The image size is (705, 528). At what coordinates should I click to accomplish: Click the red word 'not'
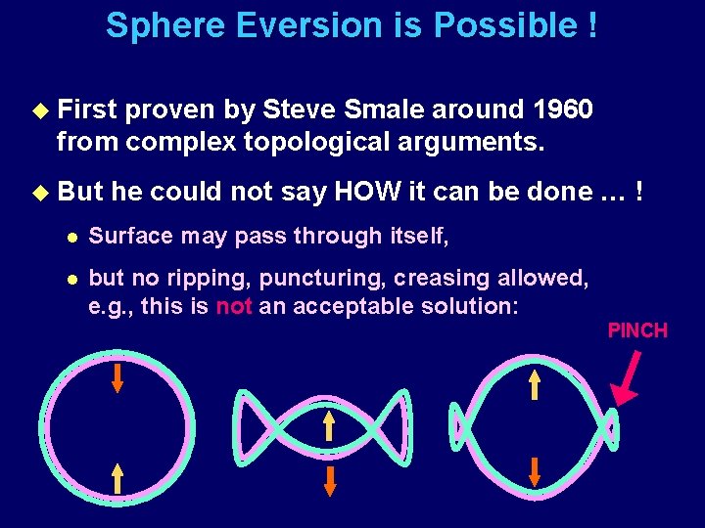coord(234,305)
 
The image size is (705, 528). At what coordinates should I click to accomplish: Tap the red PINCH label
coord(637,330)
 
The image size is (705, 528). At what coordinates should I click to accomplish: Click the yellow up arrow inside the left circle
coord(117,477)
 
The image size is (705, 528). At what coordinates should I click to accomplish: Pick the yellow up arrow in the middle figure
coord(330,425)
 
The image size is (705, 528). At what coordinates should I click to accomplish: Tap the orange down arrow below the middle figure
coord(330,480)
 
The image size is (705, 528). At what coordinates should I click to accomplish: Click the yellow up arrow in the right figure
coord(535,385)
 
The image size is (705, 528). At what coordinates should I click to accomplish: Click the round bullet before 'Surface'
coord(65,237)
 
